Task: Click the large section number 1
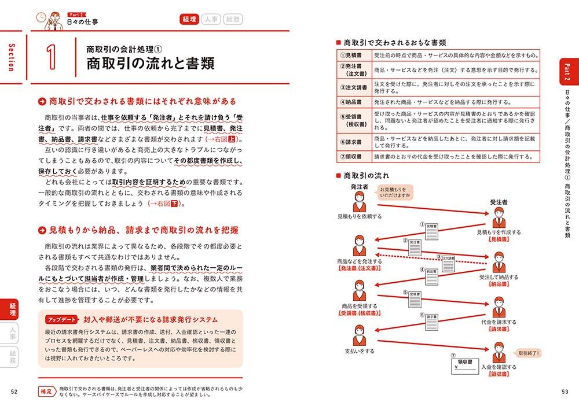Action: point(52,57)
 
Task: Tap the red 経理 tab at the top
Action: point(189,20)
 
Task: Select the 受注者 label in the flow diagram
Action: point(499,202)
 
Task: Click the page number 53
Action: point(565,394)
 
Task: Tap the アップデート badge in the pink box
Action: point(61,320)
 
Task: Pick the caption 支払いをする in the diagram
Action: point(359,351)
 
